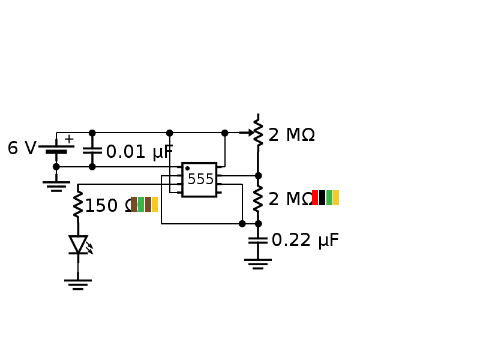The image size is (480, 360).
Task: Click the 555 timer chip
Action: click(x=199, y=179)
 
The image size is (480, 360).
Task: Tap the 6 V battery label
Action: click(x=22, y=149)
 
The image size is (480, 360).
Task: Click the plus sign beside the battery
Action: click(x=69, y=139)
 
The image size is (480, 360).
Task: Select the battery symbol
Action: click(x=56, y=149)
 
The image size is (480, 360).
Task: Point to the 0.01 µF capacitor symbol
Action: click(x=92, y=150)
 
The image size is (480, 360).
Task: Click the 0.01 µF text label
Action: click(x=139, y=152)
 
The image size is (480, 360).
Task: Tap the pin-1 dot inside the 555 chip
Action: click(x=187, y=169)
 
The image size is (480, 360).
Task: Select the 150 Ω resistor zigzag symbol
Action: click(x=78, y=205)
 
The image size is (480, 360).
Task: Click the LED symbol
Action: click(x=79, y=245)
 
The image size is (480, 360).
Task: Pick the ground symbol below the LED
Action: click(x=78, y=284)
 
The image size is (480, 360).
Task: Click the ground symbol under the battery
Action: click(x=56, y=186)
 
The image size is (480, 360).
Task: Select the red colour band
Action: click(x=315, y=198)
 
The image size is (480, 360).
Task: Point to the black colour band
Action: click(x=322, y=198)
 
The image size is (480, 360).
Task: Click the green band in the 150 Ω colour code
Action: click(x=141, y=205)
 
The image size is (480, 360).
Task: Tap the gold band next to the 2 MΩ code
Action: click(x=336, y=198)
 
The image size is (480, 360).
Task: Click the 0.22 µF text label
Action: click(x=305, y=241)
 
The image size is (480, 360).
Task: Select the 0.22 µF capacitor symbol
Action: click(x=258, y=240)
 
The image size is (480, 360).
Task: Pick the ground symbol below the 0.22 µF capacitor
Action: click(x=258, y=263)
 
